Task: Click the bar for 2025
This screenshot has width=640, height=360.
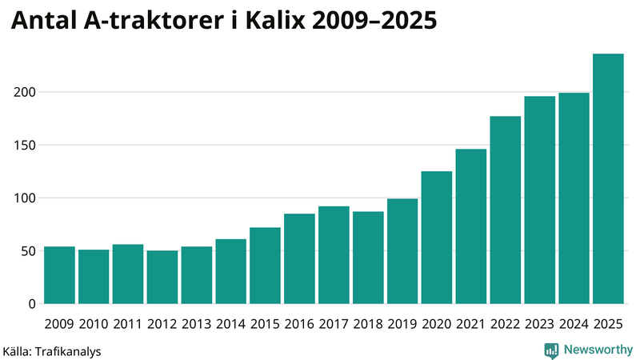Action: point(608,178)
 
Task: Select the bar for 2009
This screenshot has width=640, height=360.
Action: point(59,275)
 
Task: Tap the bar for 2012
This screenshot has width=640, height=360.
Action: point(162,278)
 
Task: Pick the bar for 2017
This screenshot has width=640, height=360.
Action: point(334,255)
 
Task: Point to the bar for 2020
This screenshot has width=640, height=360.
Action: point(437,238)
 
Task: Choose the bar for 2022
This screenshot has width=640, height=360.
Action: point(506,210)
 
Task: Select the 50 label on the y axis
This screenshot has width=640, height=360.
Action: point(30,251)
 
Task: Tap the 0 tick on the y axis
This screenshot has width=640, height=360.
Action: point(33,304)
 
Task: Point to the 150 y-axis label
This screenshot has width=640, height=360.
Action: point(26,146)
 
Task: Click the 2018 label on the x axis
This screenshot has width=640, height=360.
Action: point(368,324)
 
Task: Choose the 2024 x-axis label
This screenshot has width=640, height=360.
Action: point(574,324)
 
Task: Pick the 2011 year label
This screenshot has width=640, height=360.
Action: point(128,324)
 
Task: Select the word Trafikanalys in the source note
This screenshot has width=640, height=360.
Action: point(68,350)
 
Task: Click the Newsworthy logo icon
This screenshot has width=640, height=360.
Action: point(551,350)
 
